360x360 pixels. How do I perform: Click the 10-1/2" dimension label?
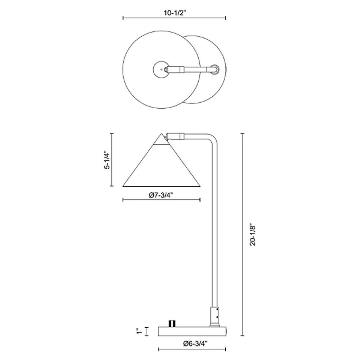pyautogui.click(x=174, y=13)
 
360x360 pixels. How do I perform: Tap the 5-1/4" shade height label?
pyautogui.click(x=107, y=160)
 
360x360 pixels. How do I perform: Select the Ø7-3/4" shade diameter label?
pyautogui.click(x=161, y=195)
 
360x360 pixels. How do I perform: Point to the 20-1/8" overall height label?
pyautogui.click(x=252, y=234)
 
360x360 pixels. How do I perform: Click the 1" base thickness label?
pyautogui.click(x=139, y=331)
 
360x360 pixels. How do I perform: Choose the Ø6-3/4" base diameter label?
pyautogui.click(x=195, y=344)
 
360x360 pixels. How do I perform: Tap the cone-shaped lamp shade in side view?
pyautogui.click(x=161, y=165)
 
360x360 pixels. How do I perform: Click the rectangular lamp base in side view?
pyautogui.click(x=192, y=331)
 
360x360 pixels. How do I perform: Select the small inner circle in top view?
pyautogui.click(x=161, y=69)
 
